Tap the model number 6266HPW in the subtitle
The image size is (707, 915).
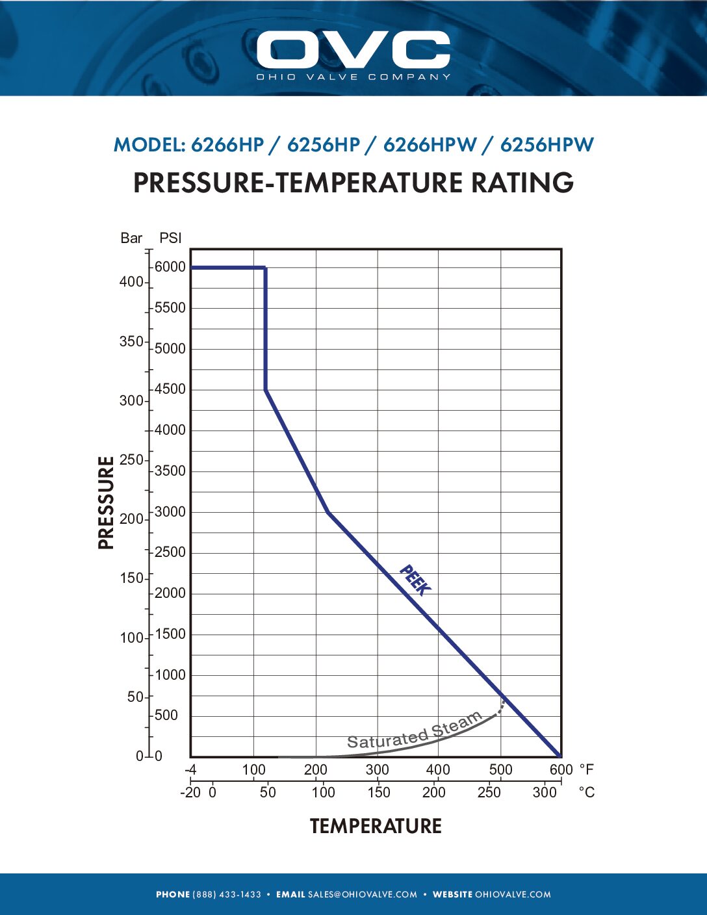430,145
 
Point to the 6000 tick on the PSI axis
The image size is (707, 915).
170,267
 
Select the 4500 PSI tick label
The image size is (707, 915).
170,389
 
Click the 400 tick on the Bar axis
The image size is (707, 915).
131,282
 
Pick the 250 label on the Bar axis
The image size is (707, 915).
131,460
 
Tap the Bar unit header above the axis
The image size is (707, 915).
131,238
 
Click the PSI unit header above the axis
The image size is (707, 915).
170,238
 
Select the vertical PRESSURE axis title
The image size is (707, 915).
106,502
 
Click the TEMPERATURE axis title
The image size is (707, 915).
376,826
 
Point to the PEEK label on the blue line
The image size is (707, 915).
415,580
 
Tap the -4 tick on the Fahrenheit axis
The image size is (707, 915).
190,770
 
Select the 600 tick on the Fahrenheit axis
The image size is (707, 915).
561,770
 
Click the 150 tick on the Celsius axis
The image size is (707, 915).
378,793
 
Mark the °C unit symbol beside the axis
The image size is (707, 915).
586,793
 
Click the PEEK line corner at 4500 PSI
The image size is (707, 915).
266,390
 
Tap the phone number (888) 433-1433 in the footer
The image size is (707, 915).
226,895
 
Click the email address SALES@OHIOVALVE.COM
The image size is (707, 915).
363,895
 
